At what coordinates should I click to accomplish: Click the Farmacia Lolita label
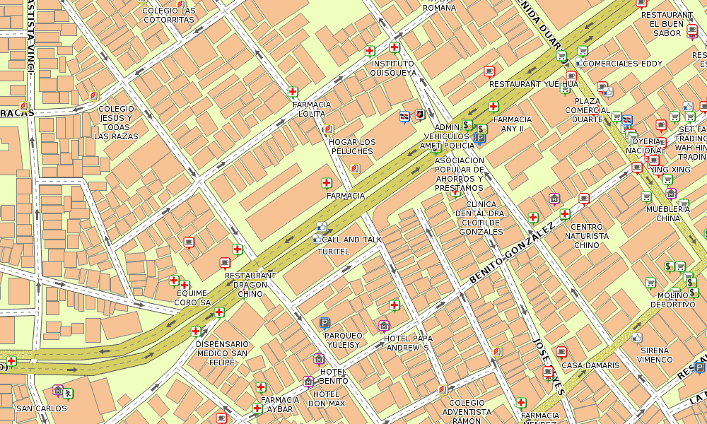tap(312, 109)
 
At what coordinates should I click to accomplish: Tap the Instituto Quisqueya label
tap(393, 68)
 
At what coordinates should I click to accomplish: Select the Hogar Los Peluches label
tap(352, 146)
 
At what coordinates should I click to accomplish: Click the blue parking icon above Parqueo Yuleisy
tap(325, 323)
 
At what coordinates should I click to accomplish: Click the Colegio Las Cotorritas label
tap(169, 16)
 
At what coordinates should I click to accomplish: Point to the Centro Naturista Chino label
tap(587, 236)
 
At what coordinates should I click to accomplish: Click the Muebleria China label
tap(668, 213)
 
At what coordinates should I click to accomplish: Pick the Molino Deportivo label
tap(672, 300)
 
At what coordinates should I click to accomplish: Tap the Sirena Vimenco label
tap(655, 355)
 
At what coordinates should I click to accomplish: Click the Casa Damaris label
tap(590, 365)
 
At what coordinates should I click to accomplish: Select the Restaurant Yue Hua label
tap(533, 84)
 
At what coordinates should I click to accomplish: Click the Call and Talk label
tap(351, 240)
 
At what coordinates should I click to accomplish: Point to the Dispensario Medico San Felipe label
tap(222, 353)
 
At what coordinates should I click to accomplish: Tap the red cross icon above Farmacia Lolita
tap(293, 92)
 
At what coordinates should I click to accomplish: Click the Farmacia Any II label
tap(513, 124)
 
